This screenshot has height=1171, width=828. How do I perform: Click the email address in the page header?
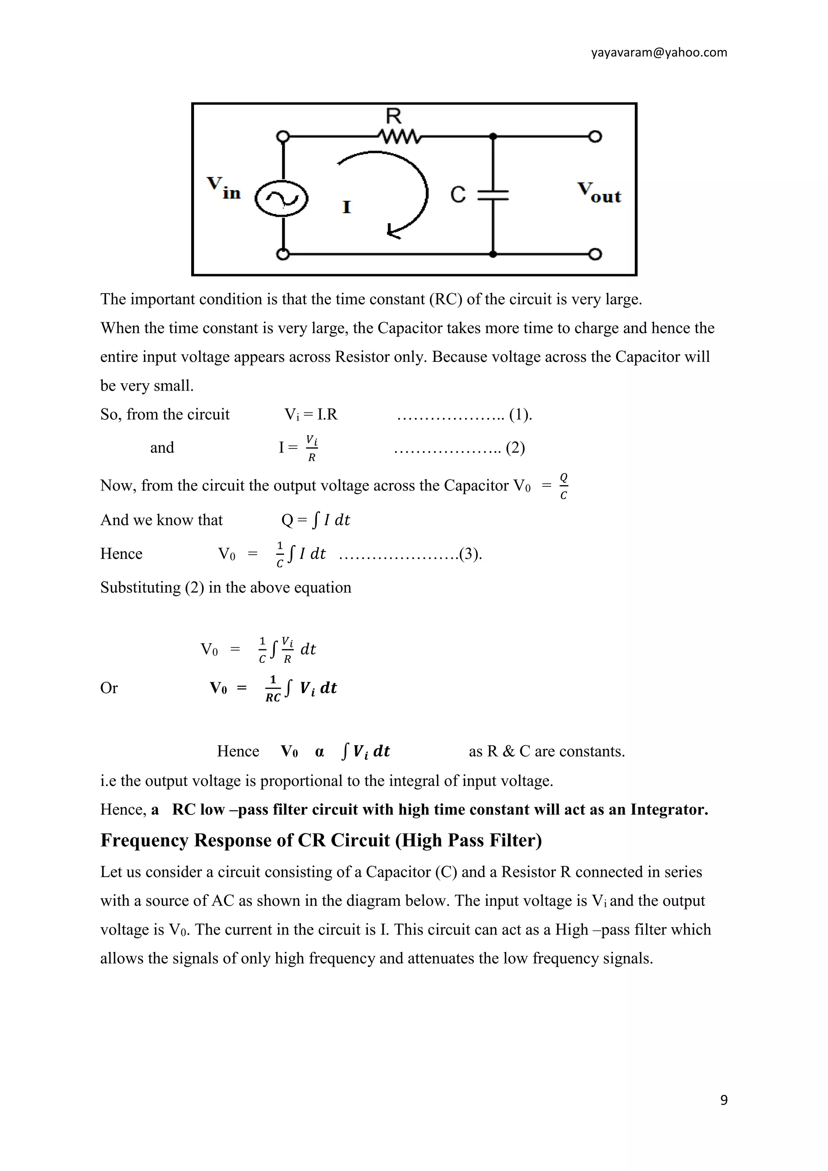659,53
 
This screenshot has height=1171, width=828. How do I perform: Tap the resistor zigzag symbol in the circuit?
400,137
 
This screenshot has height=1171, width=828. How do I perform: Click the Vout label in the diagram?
599,193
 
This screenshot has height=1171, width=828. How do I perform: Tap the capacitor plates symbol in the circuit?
492,195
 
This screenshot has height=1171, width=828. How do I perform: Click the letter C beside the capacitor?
458,195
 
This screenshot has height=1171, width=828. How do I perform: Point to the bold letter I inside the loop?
347,207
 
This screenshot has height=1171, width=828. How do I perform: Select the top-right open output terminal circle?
595,137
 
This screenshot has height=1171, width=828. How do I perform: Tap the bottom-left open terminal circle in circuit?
282,254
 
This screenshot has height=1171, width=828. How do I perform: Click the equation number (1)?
520,414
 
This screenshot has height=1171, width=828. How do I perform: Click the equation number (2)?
515,448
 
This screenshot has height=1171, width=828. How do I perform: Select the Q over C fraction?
563,486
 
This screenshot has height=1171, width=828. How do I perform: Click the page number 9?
723,1100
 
